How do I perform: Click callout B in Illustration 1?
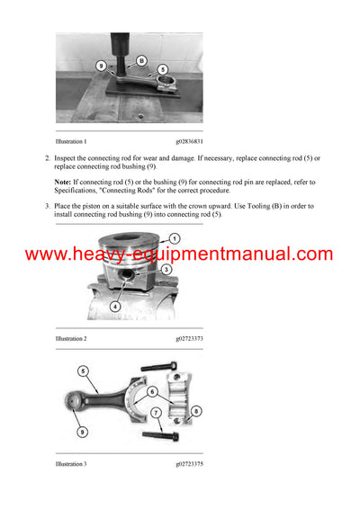tap(141, 60)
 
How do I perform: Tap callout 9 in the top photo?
tap(101, 67)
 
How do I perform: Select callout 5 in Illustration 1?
tap(163, 69)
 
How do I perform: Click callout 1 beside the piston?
tap(175, 237)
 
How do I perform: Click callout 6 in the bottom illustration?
tap(152, 391)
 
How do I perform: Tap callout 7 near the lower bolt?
tap(157, 414)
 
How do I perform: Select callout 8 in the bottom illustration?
tap(197, 412)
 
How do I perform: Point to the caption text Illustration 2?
tap(71, 339)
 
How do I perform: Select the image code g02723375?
tap(196, 465)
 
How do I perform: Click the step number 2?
tap(48, 158)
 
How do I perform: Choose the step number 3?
tap(48, 206)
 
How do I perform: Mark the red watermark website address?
tap(179, 254)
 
